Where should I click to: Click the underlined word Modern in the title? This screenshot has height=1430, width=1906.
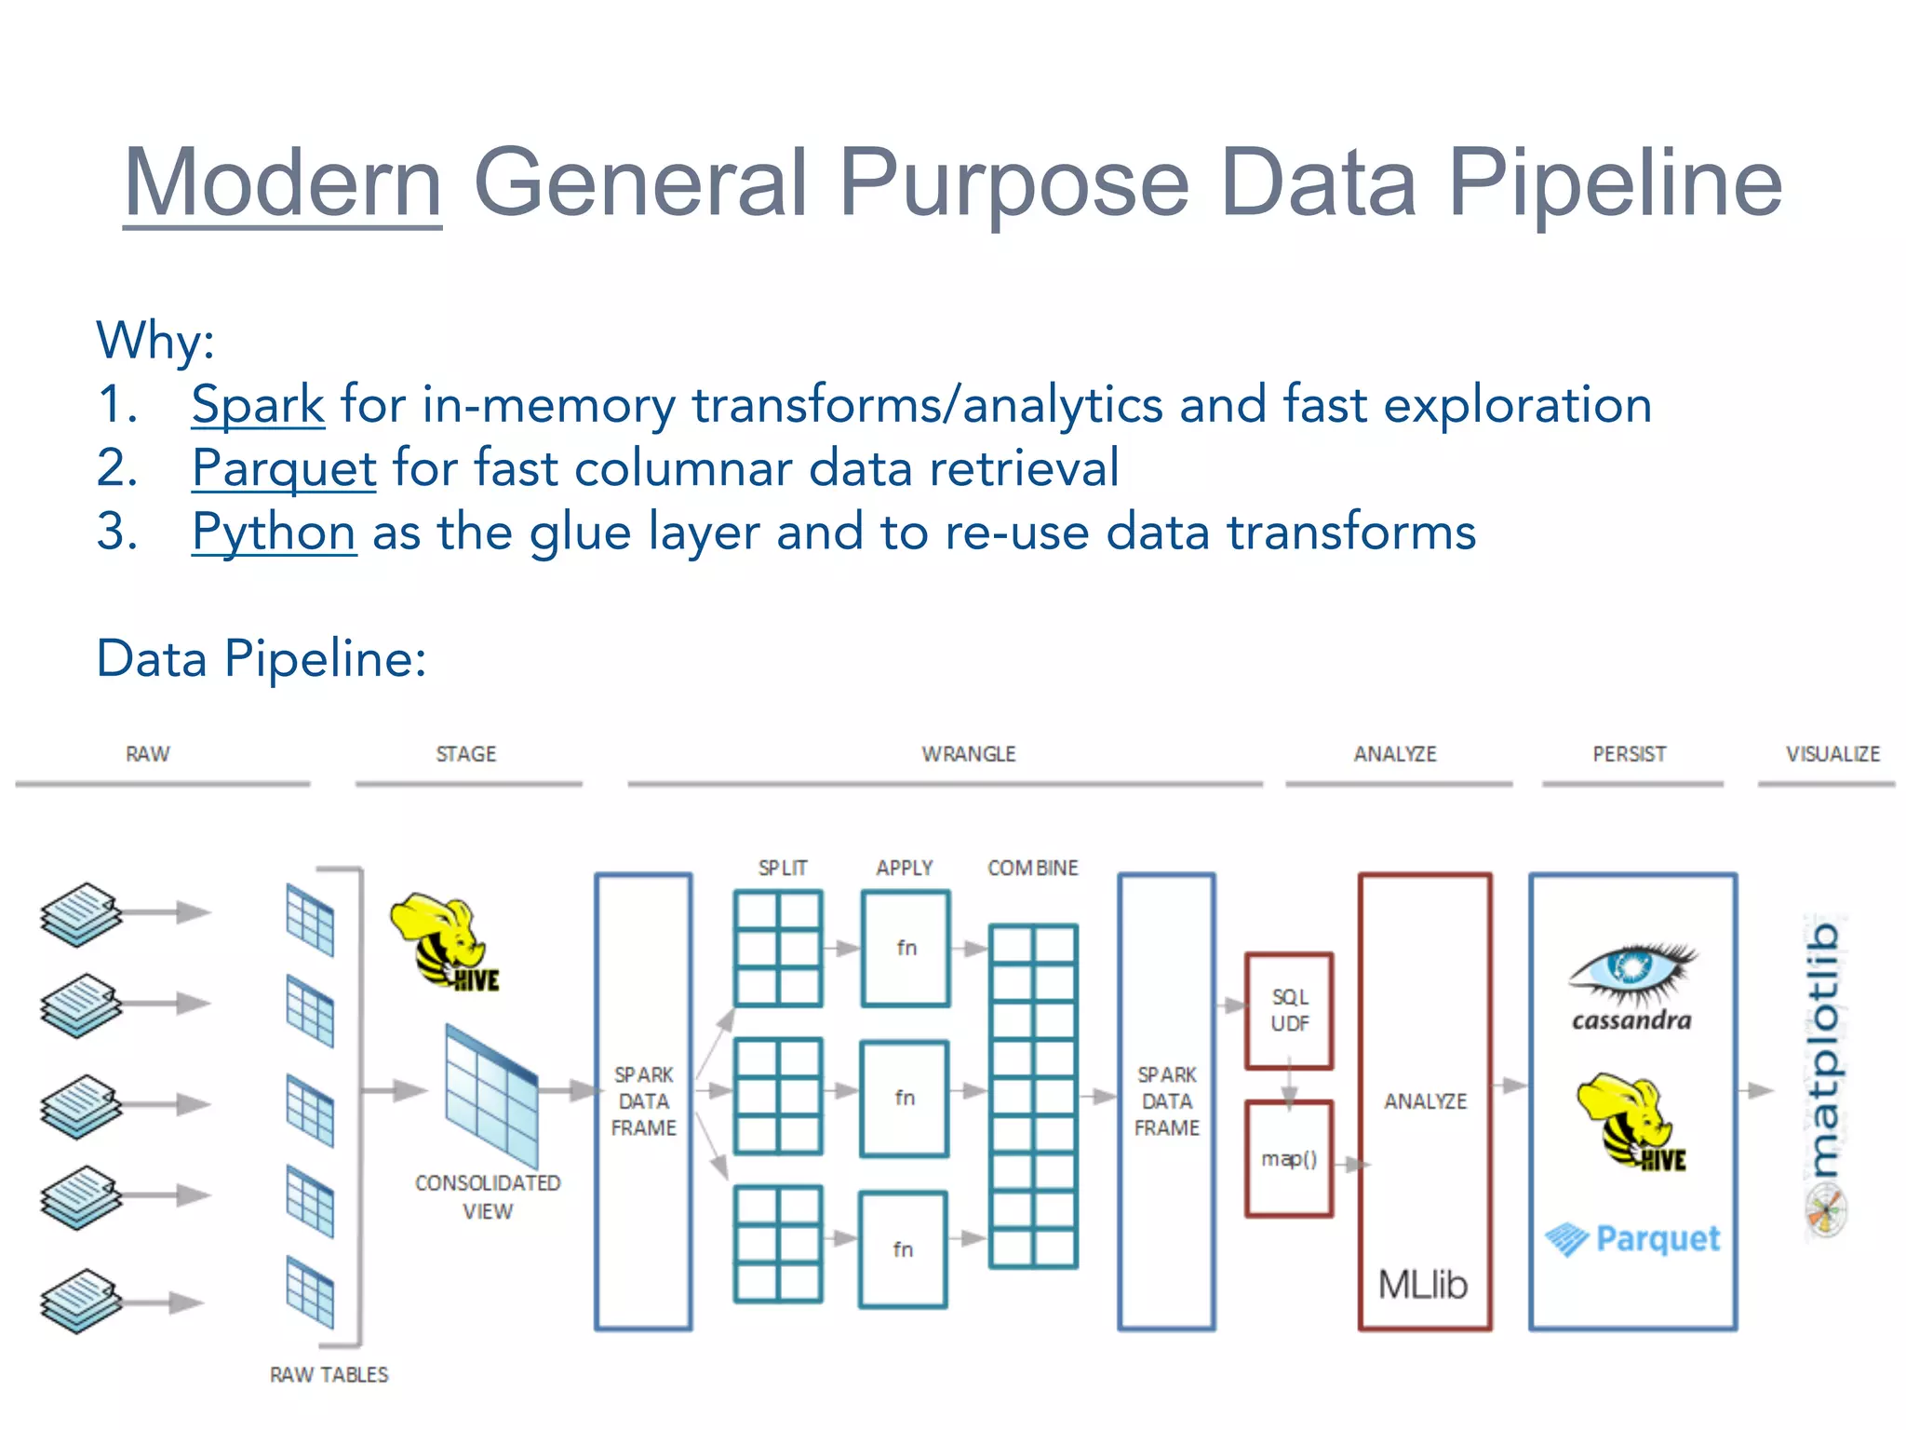[x=282, y=182]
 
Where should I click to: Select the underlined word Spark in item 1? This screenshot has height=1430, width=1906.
[x=258, y=405]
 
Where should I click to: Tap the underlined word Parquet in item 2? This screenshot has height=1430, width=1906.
[x=284, y=468]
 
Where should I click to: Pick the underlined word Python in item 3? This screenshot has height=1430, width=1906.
[x=274, y=533]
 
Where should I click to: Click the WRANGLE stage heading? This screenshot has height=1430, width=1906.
[x=968, y=754]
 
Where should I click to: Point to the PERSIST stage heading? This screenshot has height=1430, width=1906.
[x=1629, y=754]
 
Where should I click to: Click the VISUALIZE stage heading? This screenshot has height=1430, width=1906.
[x=1832, y=754]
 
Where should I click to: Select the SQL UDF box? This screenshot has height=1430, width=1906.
[x=1289, y=1011]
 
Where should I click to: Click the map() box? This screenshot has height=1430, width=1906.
[x=1289, y=1159]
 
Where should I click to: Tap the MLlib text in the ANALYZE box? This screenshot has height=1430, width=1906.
[x=1422, y=1285]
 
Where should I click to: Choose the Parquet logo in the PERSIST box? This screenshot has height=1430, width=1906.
[x=1633, y=1239]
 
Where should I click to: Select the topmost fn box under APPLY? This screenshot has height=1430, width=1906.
[x=906, y=949]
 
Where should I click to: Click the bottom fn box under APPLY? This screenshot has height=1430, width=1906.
[x=903, y=1249]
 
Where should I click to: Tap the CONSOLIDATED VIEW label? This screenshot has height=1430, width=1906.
[x=488, y=1196]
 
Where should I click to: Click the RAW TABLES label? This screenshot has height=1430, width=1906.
[x=329, y=1374]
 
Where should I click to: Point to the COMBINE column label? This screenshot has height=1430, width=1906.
[x=1032, y=868]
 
